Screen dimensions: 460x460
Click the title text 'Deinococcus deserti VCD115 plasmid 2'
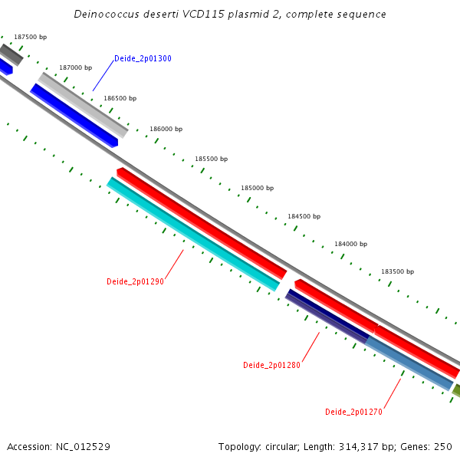click(x=230, y=15)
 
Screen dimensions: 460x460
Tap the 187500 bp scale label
click(x=30, y=38)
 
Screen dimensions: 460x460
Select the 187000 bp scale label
click(x=75, y=68)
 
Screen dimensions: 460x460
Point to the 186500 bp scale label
click(x=120, y=98)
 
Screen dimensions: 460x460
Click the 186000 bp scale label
click(x=166, y=129)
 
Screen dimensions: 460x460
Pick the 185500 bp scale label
click(x=211, y=159)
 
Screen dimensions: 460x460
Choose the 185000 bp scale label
click(x=257, y=188)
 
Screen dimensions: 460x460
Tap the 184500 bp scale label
click(x=304, y=216)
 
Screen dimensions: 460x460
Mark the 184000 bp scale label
click(x=350, y=244)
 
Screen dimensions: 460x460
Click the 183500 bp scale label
click(x=397, y=271)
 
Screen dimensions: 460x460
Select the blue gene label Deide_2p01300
click(x=143, y=58)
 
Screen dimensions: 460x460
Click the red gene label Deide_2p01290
click(x=135, y=281)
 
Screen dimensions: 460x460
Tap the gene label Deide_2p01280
click(x=271, y=365)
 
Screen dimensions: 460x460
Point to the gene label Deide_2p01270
click(x=353, y=412)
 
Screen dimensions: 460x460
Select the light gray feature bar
click(x=83, y=104)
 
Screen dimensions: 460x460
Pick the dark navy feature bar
click(x=327, y=316)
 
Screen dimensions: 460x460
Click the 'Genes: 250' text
click(x=433, y=446)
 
